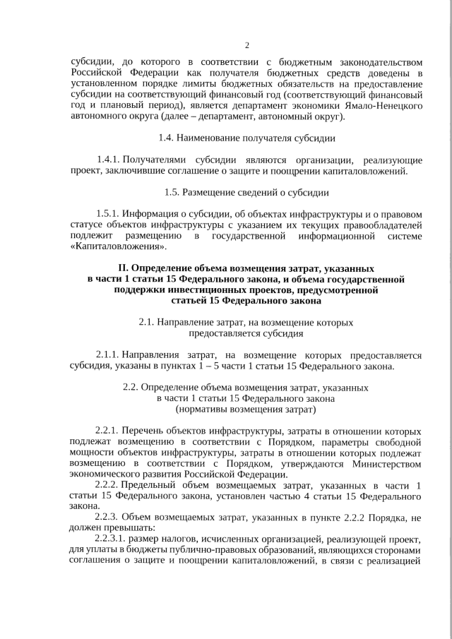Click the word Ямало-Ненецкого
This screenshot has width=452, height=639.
click(x=386, y=105)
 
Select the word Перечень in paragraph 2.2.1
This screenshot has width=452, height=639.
click(x=145, y=431)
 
